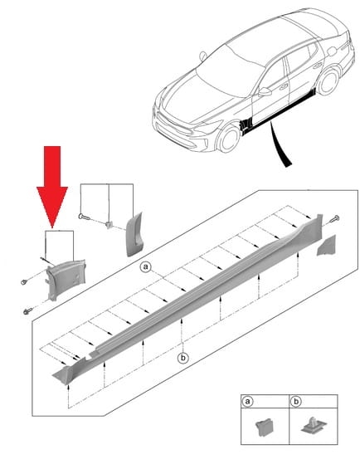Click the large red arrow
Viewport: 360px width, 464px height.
(52, 186)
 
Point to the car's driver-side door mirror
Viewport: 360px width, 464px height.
(265, 91)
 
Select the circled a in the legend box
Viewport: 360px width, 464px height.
(247, 402)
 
